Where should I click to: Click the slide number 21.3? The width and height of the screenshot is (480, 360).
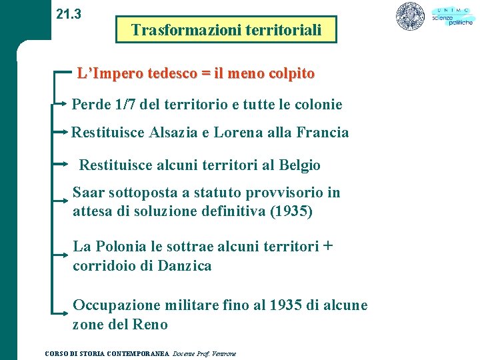click(69, 13)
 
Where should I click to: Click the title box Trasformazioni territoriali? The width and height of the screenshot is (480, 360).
click(226, 30)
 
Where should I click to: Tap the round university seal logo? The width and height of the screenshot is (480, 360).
click(410, 16)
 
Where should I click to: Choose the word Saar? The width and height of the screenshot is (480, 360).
click(89, 193)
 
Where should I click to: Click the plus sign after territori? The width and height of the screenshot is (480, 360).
click(327, 245)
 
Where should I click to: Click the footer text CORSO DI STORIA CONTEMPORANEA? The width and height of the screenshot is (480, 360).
click(107, 353)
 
